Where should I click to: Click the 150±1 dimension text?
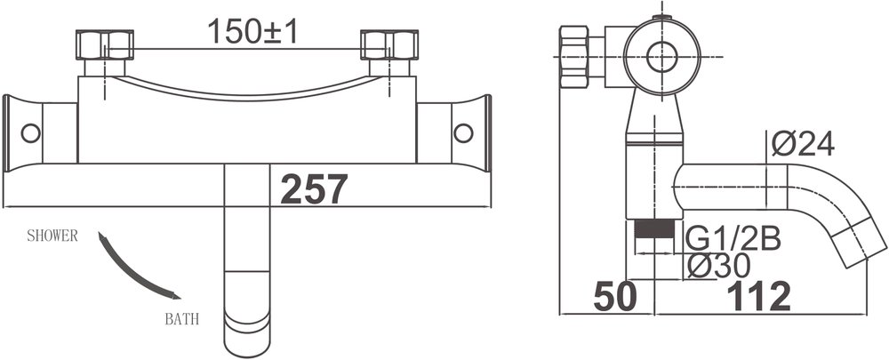(252, 31)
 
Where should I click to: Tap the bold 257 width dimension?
(314, 189)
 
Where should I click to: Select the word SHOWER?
(52, 236)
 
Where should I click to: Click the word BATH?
(182, 319)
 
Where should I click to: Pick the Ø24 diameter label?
(804, 144)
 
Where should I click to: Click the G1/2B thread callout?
(733, 240)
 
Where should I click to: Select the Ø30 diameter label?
(717, 266)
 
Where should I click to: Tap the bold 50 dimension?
(614, 296)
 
